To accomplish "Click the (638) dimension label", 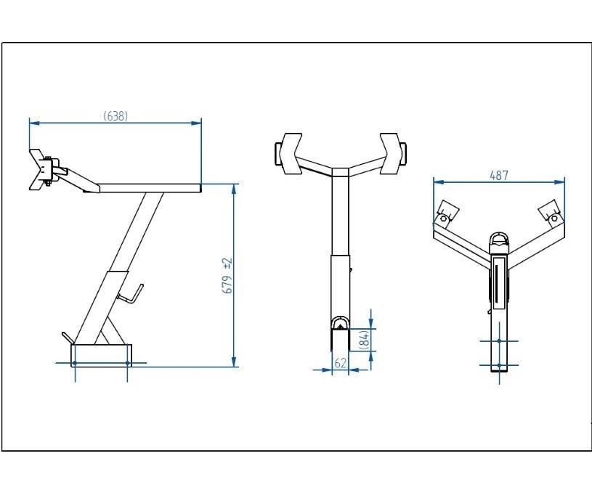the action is click(115, 116).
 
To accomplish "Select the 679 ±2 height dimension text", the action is click(227, 277).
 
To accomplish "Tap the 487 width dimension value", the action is click(499, 176).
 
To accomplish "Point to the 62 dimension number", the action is click(340, 363).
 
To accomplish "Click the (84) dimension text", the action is click(365, 339).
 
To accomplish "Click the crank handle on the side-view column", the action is click(131, 294).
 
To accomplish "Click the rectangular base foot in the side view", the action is click(101, 356).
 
